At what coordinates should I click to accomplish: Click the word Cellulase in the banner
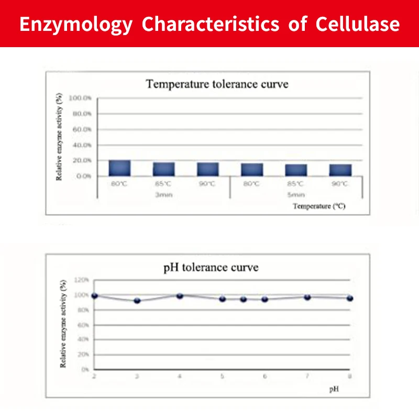pos(358,24)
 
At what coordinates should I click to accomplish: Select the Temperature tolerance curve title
pos(217,84)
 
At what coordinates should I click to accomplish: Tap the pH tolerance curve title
pos(211,267)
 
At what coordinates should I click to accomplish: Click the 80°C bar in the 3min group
pos(119,168)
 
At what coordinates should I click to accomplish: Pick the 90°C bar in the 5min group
pos(340,170)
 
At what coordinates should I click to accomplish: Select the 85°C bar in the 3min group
pos(163,169)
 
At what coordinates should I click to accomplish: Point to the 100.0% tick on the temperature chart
pos(81,98)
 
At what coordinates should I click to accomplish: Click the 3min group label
pos(163,194)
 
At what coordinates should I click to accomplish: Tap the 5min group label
pos(295,194)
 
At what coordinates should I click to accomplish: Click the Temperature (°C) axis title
pos(319,206)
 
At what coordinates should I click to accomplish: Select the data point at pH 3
pos(137,301)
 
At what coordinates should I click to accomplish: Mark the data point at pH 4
pos(180,296)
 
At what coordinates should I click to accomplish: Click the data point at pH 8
pos(350,298)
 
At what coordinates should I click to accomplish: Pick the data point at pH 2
pos(95,296)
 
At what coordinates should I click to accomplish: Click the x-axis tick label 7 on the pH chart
pos(307,377)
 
